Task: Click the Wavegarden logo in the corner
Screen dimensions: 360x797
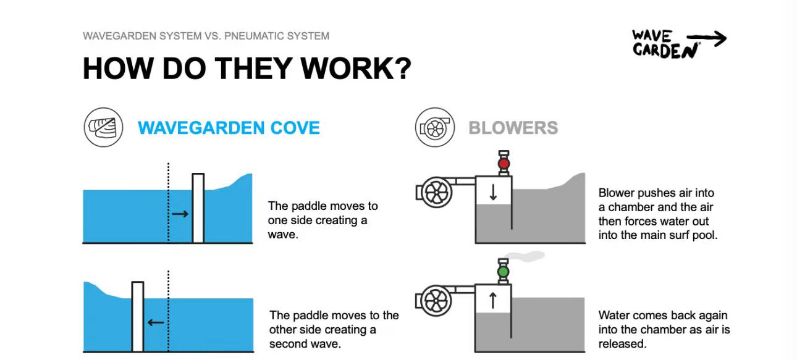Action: coord(678,43)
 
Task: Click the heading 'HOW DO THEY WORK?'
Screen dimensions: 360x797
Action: coord(247,69)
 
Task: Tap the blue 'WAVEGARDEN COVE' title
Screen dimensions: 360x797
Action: coord(229,128)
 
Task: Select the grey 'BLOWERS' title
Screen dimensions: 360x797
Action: coord(513,128)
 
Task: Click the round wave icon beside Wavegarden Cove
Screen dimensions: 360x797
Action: coord(103,127)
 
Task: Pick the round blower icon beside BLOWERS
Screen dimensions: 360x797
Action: coord(435,127)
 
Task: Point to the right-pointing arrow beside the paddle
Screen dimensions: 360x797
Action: coord(180,214)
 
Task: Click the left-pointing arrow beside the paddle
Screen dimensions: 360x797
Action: coord(156,322)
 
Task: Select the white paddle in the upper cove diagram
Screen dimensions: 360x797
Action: coord(198,208)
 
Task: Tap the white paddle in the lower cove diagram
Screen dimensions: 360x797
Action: coord(138,316)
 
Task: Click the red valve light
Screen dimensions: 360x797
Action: coord(504,164)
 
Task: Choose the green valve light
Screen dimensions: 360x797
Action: coord(503,271)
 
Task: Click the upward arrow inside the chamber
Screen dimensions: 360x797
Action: coord(493,300)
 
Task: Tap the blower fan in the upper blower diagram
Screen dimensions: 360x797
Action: coord(435,193)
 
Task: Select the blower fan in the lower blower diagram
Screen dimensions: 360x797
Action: coord(435,301)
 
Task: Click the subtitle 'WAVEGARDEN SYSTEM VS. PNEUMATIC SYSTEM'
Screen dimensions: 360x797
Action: coord(206,36)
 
